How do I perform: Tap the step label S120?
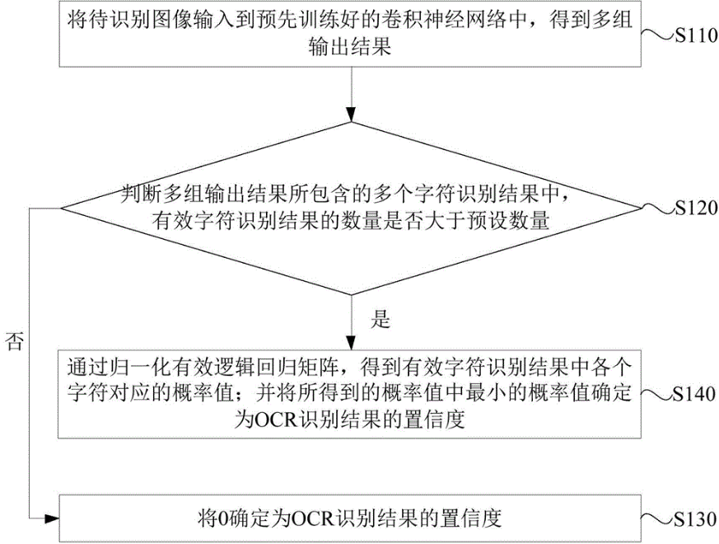[x=693, y=209]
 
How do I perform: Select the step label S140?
[x=693, y=396]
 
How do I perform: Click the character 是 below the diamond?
[x=380, y=320]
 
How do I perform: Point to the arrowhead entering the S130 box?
[x=52, y=518]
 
